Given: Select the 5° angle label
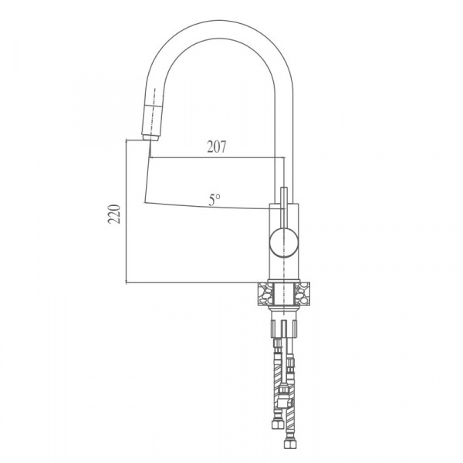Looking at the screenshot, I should [x=214, y=199].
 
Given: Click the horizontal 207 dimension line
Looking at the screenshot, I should [x=216, y=158].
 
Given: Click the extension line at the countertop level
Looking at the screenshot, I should [x=193, y=282].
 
